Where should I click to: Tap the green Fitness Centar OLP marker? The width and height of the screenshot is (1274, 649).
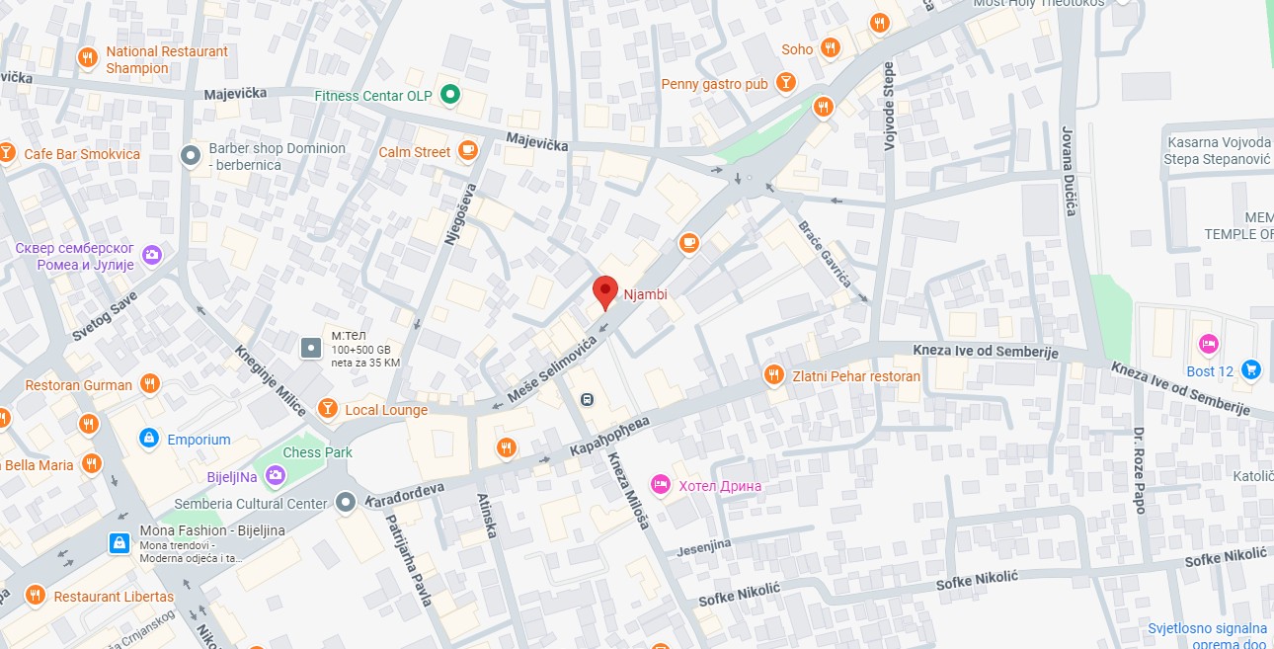tap(450, 95)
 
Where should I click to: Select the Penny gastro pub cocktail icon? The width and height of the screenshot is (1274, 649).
tap(786, 83)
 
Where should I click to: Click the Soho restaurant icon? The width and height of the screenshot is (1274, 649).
tap(830, 48)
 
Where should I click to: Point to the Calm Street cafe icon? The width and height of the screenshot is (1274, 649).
tap(467, 151)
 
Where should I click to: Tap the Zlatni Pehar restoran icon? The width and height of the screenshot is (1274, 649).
tap(773, 375)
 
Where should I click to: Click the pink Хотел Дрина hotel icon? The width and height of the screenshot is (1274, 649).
tap(661, 484)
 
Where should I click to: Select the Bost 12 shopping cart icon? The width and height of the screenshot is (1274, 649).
tap(1251, 370)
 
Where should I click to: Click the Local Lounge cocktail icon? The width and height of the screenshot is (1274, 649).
tap(328, 409)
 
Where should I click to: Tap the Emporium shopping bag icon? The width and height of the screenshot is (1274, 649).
tap(149, 439)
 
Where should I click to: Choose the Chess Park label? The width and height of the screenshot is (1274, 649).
tap(317, 452)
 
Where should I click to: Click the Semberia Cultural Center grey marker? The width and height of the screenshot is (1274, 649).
tap(345, 503)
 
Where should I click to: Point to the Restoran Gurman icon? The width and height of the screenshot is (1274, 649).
tap(149, 384)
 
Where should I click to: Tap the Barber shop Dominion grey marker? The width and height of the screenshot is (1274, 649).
tap(191, 155)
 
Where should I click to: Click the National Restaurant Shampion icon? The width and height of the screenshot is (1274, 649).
tap(88, 58)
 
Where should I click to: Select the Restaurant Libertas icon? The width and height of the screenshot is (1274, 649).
tap(37, 596)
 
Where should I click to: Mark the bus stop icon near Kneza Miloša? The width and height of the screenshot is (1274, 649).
tap(587, 399)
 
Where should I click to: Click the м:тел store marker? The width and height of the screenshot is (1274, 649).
tap(311, 348)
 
